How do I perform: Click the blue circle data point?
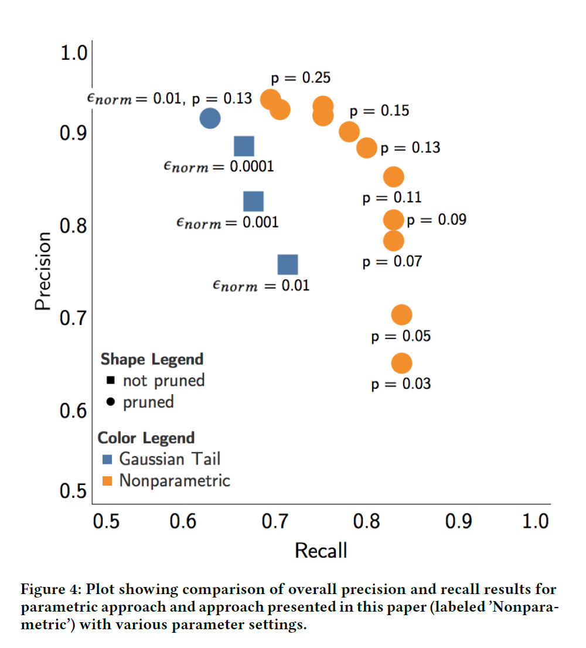pyautogui.click(x=210, y=118)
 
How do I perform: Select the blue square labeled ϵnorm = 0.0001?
pyautogui.click(x=244, y=147)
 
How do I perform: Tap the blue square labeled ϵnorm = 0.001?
pyautogui.click(x=253, y=201)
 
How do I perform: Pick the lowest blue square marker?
pyautogui.click(x=288, y=264)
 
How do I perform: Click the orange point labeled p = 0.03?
pyautogui.click(x=401, y=364)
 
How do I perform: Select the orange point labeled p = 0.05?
pyautogui.click(x=401, y=315)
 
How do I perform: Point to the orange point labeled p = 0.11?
pyautogui.click(x=394, y=177)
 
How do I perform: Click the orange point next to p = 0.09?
pyautogui.click(x=394, y=220)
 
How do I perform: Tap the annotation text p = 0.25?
pyautogui.click(x=301, y=77)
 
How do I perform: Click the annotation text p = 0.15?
pyautogui.click(x=379, y=111)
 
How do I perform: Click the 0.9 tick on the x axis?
pyautogui.click(x=459, y=521)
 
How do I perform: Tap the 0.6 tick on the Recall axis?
pyautogui.click(x=183, y=521)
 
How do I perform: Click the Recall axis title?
pyautogui.click(x=321, y=551)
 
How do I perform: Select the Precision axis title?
pyautogui.click(x=42, y=271)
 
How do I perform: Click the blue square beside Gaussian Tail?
pyautogui.click(x=107, y=459)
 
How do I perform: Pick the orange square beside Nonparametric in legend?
pyautogui.click(x=107, y=481)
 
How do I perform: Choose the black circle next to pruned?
pyautogui.click(x=111, y=403)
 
